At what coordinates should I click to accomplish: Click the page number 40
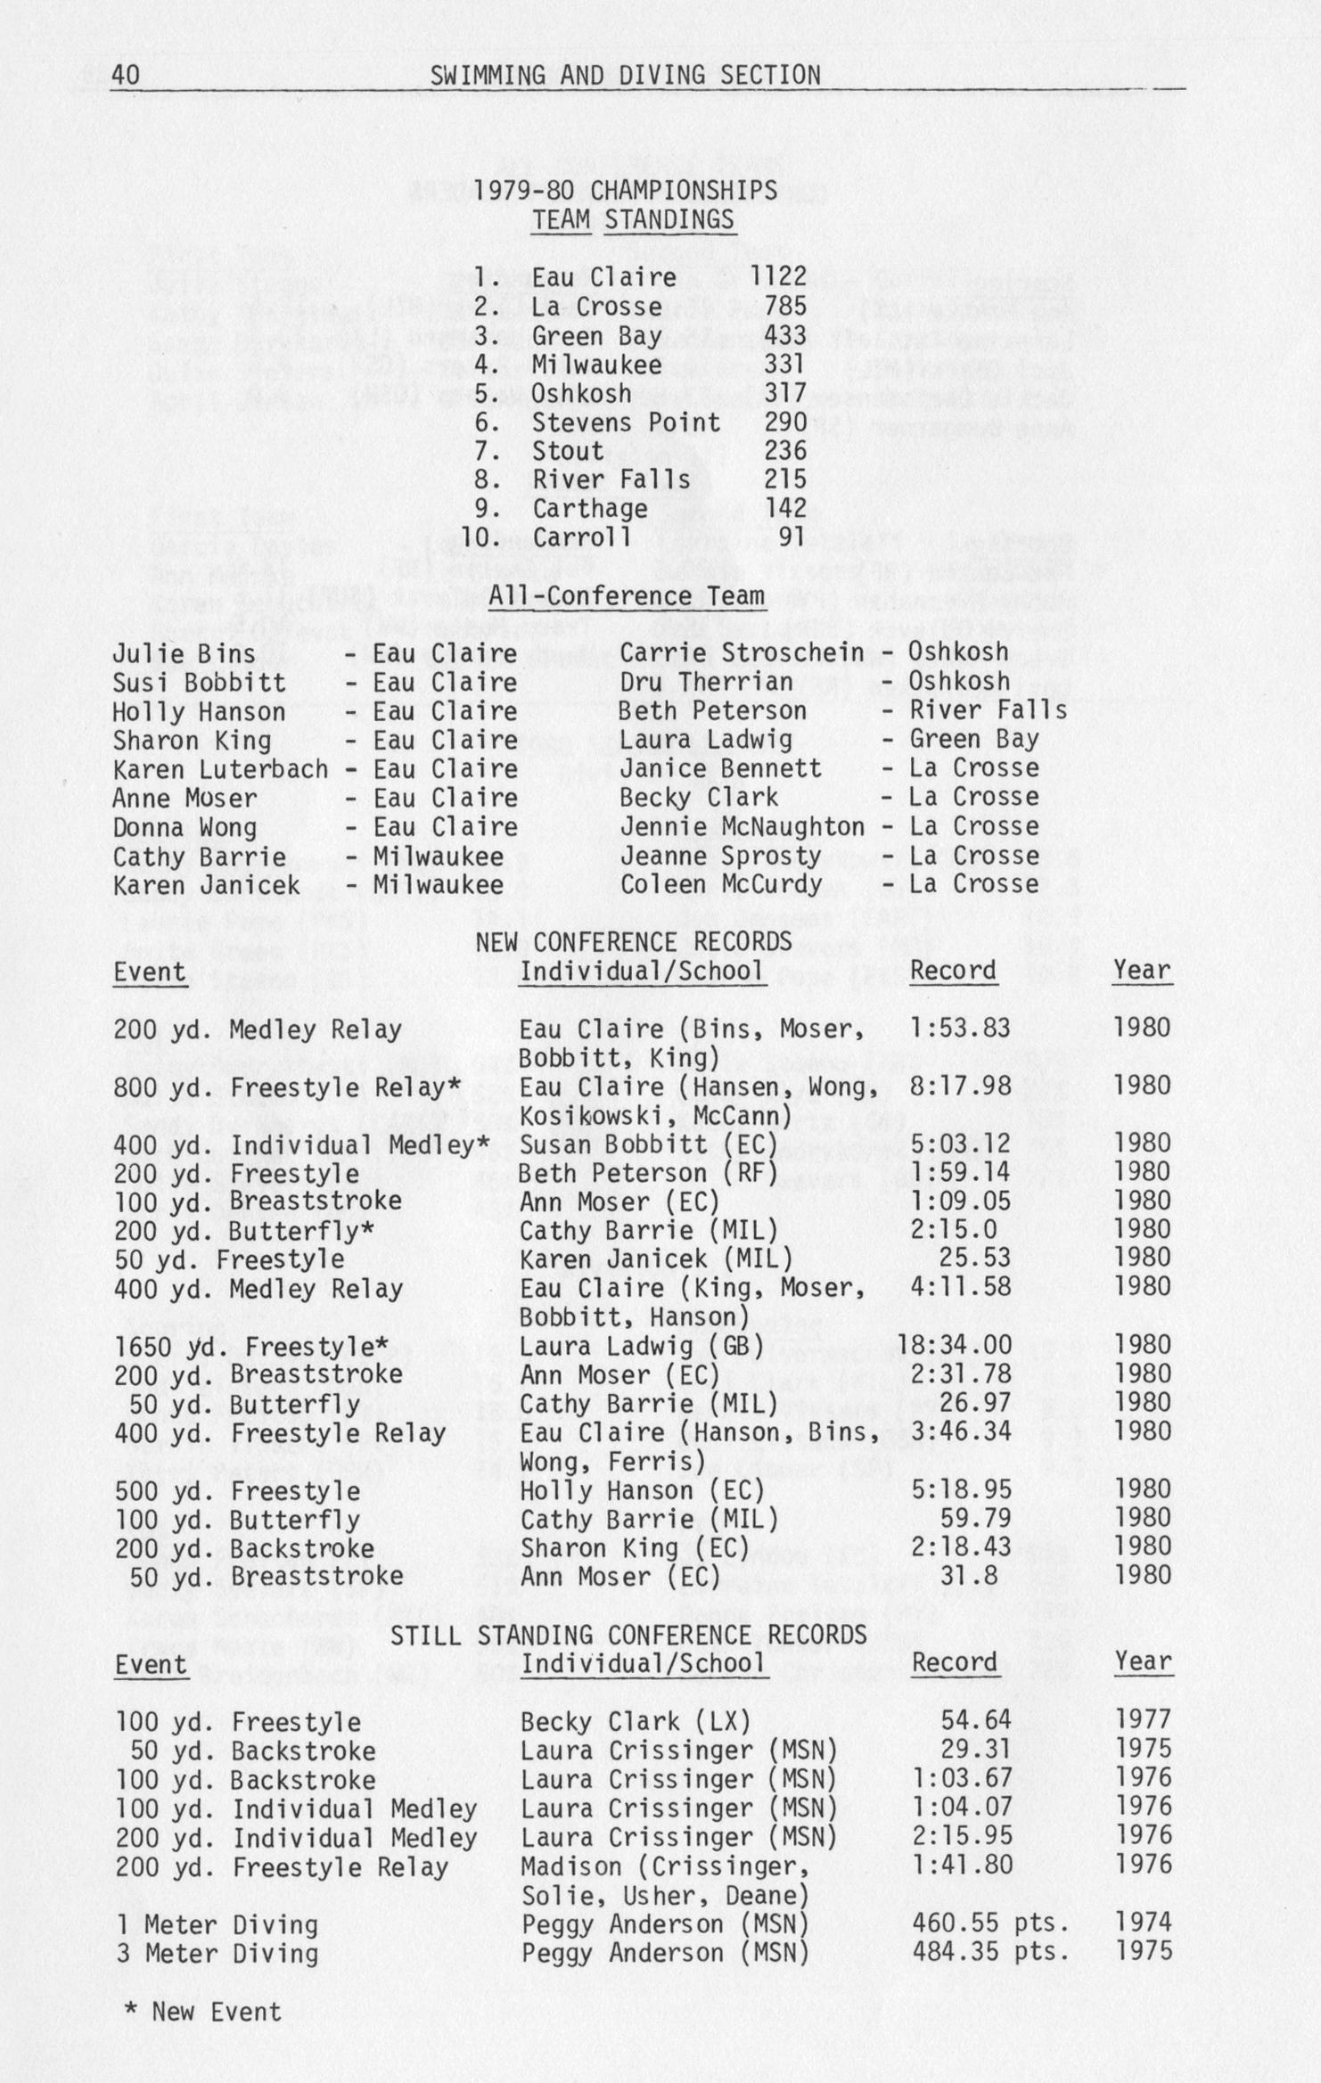coord(126,76)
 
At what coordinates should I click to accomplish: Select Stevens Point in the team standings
coord(625,422)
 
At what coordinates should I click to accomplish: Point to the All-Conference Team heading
coord(627,596)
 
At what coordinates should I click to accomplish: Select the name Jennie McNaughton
coord(742,827)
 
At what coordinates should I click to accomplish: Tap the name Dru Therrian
coord(705,682)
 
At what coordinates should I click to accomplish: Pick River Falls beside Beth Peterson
coord(988,710)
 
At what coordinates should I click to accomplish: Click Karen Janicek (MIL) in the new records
coord(656,1259)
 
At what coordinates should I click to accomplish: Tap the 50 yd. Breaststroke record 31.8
coord(974,1576)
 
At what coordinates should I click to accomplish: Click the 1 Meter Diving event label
coord(217,1926)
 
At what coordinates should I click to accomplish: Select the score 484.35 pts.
coord(989,1953)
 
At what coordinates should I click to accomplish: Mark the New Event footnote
coord(204,2013)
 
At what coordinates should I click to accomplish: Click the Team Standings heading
coord(632,219)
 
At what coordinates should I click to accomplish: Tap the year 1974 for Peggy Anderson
coord(1142,1924)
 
